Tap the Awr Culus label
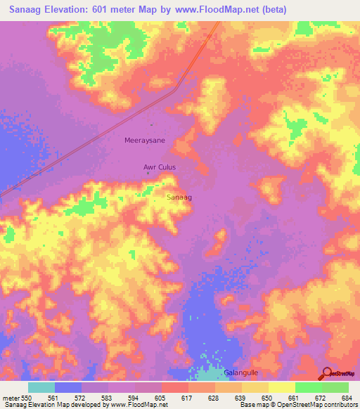[159, 167]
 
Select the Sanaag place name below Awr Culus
[179, 197]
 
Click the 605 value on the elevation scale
[161, 398]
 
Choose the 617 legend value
[188, 398]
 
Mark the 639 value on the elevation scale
[241, 398]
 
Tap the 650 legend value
[268, 398]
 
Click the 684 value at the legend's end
[347, 398]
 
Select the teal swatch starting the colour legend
[41, 387]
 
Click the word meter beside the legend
[11, 398]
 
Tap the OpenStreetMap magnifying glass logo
[326, 373]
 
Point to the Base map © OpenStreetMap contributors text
[299, 405]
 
